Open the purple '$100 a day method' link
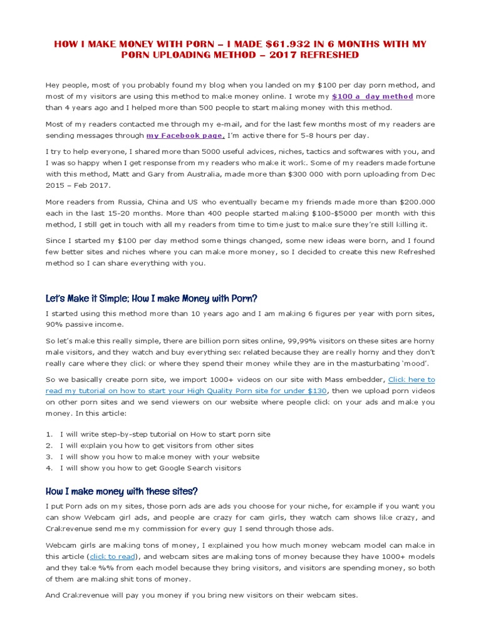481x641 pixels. tap(372, 96)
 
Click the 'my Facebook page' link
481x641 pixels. tap(185, 135)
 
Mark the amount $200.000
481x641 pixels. tap(415, 202)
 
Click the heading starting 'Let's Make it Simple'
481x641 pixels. tap(151, 298)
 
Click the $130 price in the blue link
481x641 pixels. tap(317, 391)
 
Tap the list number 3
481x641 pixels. tap(49, 456)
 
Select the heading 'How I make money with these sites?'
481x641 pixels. tap(122, 491)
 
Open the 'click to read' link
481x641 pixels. tap(113, 556)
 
